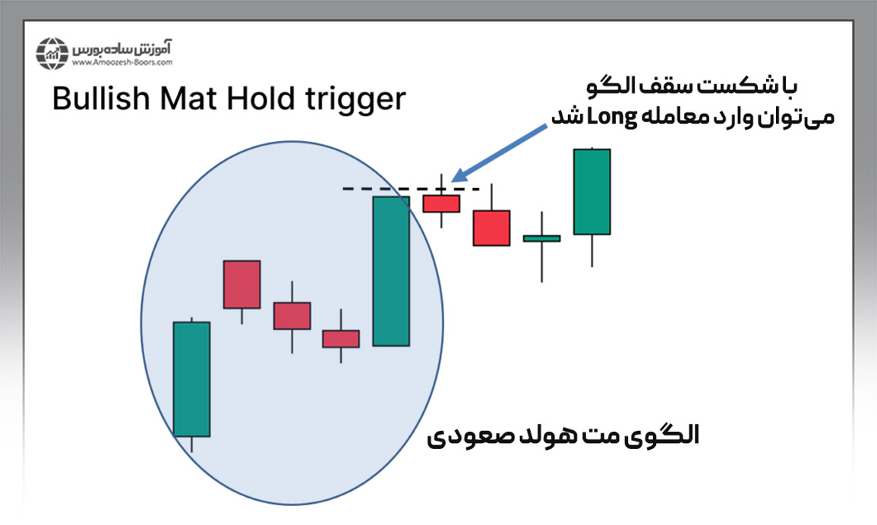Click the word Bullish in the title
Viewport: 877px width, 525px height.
(x=101, y=99)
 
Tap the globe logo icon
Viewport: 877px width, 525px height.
(x=52, y=54)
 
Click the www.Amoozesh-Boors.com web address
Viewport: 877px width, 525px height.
(x=122, y=63)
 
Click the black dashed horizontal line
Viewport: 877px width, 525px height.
(x=411, y=189)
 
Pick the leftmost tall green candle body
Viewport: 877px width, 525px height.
(x=191, y=379)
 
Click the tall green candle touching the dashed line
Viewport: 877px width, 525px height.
(x=391, y=271)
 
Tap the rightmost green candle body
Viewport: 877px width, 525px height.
(x=592, y=191)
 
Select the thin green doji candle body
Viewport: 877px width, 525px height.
(x=541, y=238)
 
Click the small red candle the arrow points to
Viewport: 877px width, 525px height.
(x=441, y=203)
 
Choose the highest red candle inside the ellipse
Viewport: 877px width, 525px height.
(x=241, y=284)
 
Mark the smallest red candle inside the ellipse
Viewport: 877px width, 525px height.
(x=341, y=339)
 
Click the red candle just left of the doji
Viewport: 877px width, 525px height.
(x=491, y=228)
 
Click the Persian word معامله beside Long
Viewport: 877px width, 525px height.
(x=671, y=118)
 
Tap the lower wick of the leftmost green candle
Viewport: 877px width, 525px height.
(x=191, y=445)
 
